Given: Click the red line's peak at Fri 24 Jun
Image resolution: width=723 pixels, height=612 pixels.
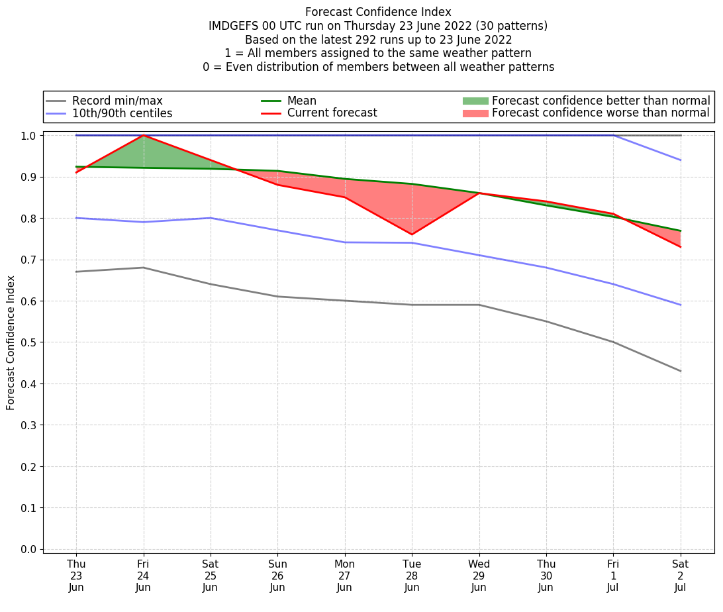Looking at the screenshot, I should coord(144,135).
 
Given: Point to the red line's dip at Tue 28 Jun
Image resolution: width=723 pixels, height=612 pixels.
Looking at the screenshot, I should coord(412,234).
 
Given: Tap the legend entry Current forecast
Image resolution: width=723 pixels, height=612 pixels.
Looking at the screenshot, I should coord(332,113).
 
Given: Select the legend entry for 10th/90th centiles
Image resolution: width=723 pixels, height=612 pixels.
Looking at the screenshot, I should coord(122,113).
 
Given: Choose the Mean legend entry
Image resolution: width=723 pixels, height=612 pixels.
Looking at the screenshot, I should coord(301,101).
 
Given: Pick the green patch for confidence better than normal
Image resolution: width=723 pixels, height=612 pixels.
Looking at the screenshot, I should coord(475,101).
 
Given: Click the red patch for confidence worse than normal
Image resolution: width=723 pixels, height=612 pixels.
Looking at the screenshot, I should coord(475,113).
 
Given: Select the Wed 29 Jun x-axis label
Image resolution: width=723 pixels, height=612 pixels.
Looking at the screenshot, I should coord(479,575).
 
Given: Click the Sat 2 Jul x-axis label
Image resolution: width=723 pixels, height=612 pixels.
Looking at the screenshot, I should coord(681,575).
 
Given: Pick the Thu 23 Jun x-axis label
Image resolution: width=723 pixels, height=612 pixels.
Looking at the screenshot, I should coord(76,575).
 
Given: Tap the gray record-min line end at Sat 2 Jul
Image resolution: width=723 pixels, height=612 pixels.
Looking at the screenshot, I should coord(681,371).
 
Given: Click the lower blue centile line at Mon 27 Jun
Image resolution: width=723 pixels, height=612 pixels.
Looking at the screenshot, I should coord(345,242).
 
